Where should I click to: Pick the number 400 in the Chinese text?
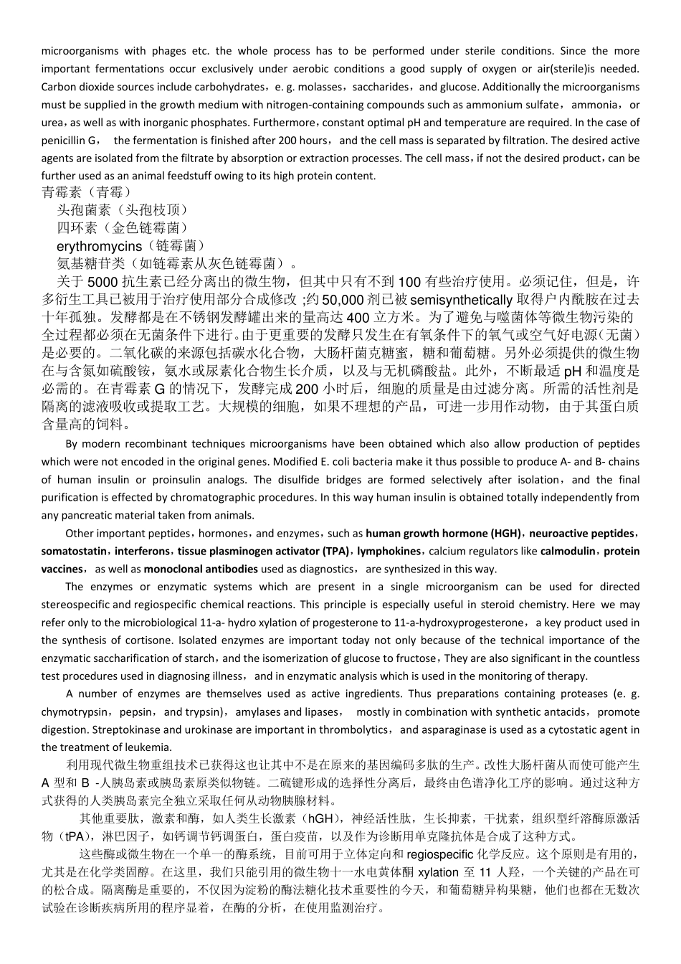click(x=358, y=317)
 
